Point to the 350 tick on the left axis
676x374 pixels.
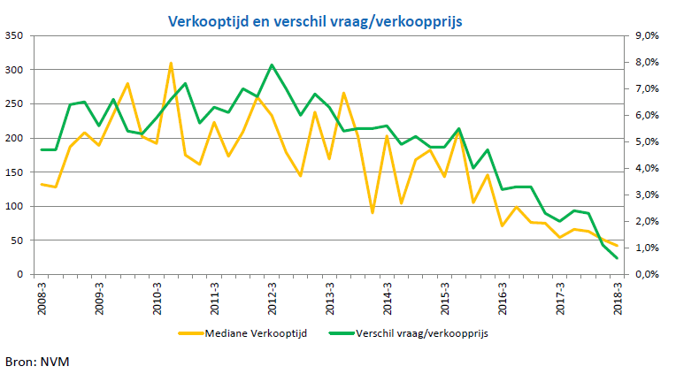(15, 35)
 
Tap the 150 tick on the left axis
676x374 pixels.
(15, 172)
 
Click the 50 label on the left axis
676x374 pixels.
(18, 240)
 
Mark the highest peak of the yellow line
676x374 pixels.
(171, 64)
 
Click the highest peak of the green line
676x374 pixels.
(272, 65)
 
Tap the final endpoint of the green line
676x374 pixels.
(617, 258)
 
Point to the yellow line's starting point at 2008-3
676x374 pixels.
(42, 184)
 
